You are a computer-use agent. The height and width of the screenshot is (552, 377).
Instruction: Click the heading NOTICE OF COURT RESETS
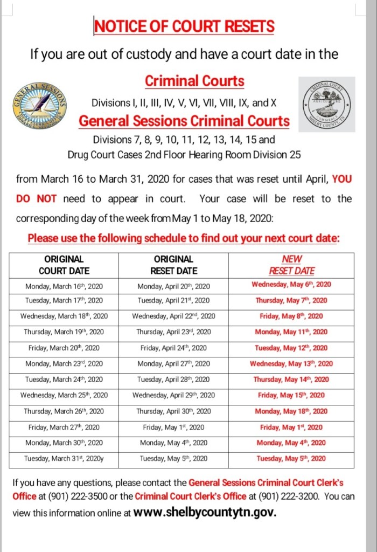coord(184,26)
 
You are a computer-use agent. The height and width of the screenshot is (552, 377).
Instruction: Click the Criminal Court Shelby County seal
coord(327,104)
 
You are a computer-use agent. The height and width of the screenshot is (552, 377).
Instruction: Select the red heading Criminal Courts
coord(194,81)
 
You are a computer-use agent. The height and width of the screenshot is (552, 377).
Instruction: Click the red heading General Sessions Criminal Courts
coord(184,121)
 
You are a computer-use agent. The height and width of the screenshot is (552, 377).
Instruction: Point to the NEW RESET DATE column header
coord(291,265)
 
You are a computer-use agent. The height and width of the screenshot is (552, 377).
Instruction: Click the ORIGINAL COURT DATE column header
coord(64,265)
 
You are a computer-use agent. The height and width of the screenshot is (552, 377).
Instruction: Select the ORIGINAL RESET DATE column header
coord(173,265)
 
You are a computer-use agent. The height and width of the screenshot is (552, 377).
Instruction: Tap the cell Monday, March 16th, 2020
coord(64,286)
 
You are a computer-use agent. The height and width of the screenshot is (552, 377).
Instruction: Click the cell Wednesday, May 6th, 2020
coord(291,285)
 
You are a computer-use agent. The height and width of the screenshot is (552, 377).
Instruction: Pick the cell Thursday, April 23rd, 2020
coord(173,332)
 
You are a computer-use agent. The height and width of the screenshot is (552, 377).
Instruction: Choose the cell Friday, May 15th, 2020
coord(291,395)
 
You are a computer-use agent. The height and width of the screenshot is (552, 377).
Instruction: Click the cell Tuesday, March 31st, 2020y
coord(64,459)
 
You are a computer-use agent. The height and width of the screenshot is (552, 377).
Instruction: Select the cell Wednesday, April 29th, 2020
coord(173,395)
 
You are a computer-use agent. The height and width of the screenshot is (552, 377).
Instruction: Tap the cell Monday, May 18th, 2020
coord(291,411)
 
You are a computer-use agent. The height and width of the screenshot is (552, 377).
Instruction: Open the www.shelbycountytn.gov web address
coord(205,512)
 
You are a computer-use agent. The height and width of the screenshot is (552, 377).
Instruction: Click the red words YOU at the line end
coord(342,179)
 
